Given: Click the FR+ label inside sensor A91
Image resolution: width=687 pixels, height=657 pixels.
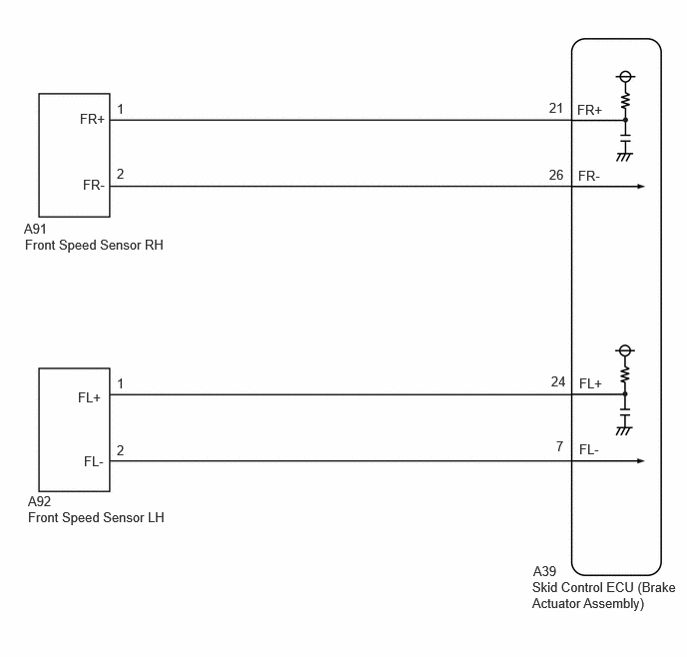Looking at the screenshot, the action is point(92,119).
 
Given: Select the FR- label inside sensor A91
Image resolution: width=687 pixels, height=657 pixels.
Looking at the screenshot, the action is point(94,186).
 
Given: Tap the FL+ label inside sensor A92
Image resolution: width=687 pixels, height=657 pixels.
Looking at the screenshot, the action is point(90,397).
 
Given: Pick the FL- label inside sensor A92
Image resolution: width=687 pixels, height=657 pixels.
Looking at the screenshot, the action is point(94,461).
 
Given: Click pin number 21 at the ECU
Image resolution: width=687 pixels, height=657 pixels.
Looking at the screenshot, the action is point(556,108).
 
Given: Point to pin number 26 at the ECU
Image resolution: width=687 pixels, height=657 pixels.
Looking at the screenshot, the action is point(556,175).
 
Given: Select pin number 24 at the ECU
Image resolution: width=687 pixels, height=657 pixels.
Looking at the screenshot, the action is point(558,382).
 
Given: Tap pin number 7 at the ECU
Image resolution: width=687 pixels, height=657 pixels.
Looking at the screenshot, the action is point(559,446).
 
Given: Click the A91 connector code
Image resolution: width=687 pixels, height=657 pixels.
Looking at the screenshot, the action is point(35,229).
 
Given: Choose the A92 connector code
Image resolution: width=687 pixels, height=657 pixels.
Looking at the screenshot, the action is point(39,501).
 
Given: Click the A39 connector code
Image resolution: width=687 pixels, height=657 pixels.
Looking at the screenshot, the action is point(544,571).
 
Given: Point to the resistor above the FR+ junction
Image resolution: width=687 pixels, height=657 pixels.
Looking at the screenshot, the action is point(625,100).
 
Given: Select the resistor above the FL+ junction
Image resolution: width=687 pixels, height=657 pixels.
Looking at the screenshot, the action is point(625,374).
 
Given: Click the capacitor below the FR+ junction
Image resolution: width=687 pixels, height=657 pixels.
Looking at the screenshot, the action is point(625,138).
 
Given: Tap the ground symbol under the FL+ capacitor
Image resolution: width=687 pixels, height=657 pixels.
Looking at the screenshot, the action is point(624,431).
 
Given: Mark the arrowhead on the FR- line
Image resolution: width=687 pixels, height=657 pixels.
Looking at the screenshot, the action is point(640,187).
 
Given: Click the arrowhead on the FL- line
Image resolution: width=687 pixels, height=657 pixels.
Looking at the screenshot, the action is point(640,460).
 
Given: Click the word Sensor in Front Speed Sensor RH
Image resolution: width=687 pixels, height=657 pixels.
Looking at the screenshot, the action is point(123,246).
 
